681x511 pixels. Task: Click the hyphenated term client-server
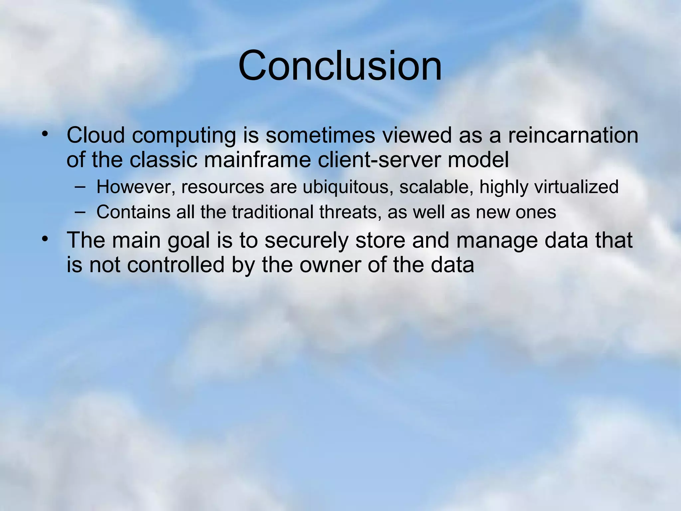[379, 160]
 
